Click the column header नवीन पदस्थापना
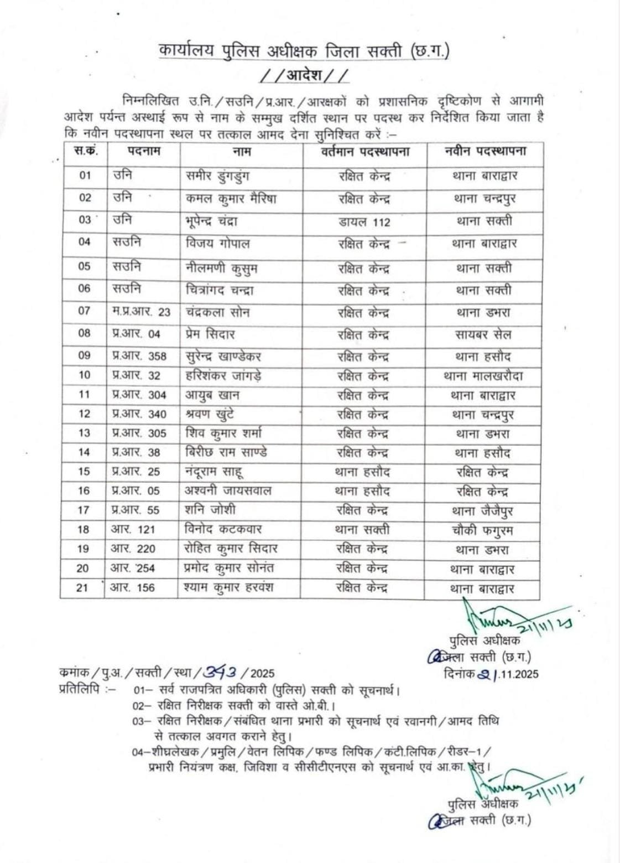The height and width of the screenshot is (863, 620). click(x=485, y=151)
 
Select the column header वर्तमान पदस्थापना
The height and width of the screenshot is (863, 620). click(x=365, y=151)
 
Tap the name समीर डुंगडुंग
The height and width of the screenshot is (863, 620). click(x=217, y=176)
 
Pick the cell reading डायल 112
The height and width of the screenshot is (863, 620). click(x=364, y=222)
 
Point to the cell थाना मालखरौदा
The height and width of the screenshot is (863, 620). click(x=483, y=376)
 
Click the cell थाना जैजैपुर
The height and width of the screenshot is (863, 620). click(x=482, y=510)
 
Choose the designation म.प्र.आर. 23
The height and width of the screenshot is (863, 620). click(x=141, y=312)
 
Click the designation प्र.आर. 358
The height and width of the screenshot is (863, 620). click(x=139, y=356)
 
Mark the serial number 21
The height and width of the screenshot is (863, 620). click(x=82, y=588)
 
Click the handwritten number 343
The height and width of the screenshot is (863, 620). click(x=220, y=672)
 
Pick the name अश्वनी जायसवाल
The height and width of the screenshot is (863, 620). click(x=228, y=491)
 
